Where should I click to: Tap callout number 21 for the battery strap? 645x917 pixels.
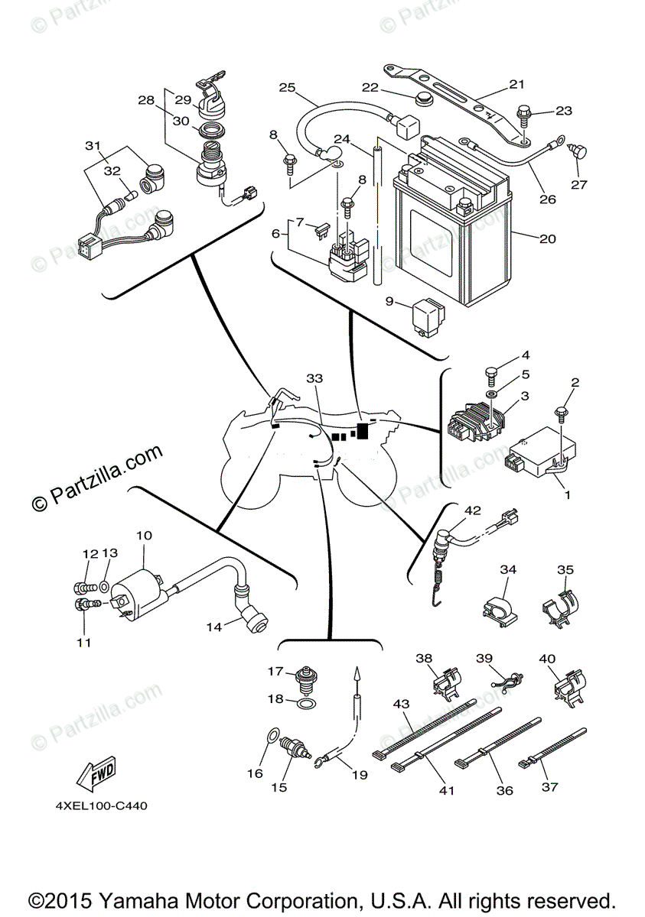coord(517,84)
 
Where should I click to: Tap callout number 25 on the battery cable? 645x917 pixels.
coord(287,88)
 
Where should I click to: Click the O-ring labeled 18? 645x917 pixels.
coord(304,703)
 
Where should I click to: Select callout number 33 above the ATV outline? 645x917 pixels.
coord(314,378)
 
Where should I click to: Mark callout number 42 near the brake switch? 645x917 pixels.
coord(472,510)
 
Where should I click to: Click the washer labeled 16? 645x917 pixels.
coord(272,735)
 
